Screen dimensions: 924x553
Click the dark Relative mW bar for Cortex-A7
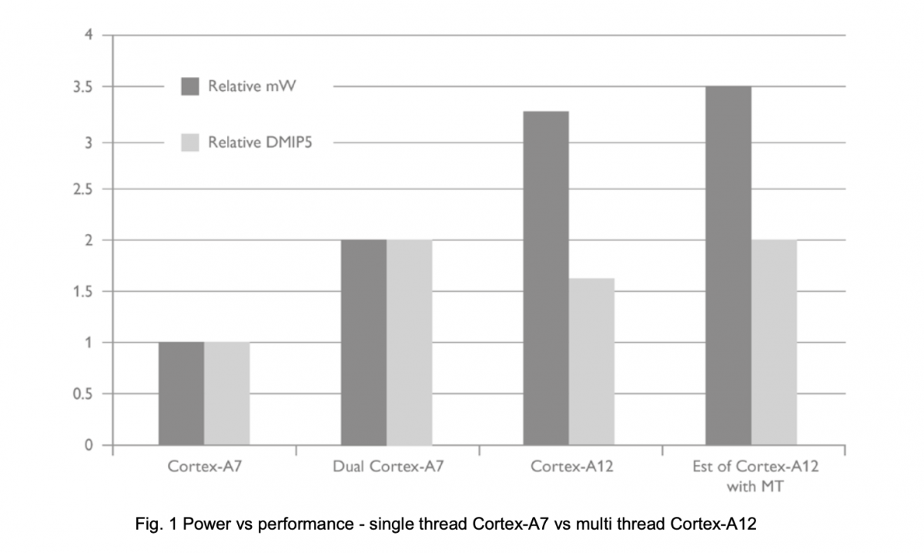tap(181, 394)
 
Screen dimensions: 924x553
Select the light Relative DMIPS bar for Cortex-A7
tap(226, 394)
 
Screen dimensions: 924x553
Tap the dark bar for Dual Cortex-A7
tap(363, 342)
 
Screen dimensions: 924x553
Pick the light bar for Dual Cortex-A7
tap(409, 342)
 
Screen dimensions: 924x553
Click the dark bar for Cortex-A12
tap(546, 278)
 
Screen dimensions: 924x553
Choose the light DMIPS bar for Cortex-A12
tap(591, 361)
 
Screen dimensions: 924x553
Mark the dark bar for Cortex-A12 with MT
tap(728, 266)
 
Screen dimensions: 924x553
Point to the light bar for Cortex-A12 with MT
tap(774, 342)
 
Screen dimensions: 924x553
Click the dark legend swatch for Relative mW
tap(190, 86)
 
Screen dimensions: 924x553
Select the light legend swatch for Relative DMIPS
tap(190, 142)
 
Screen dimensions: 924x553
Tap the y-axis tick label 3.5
tap(82, 88)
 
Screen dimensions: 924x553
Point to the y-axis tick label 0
tap(89, 445)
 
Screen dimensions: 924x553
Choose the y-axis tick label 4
tap(89, 34)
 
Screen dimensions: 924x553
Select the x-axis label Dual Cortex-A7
tap(388, 466)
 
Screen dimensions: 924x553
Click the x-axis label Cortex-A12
tap(571, 466)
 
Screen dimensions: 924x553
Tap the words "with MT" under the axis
tap(755, 487)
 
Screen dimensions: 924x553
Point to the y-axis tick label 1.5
tap(82, 292)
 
